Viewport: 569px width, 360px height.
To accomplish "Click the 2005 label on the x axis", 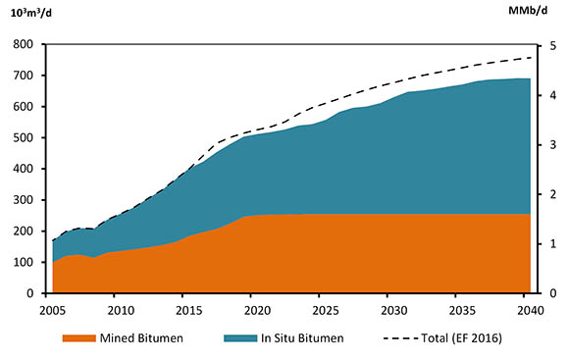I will pos(52,311).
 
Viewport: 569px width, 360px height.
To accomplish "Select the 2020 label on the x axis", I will pos(257,311).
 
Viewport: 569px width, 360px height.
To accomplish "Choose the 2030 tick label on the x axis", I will pos(394,311).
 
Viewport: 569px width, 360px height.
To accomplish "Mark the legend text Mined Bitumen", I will pos(147,338).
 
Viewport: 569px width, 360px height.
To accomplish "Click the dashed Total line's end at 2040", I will pos(531,57).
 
